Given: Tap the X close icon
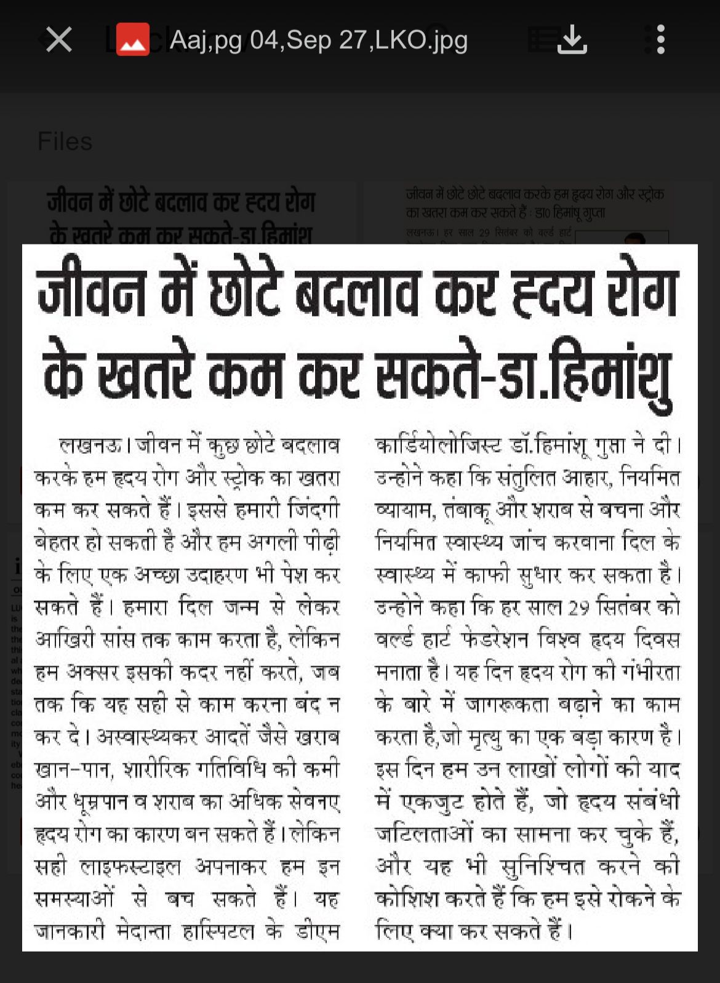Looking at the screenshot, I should point(59,40).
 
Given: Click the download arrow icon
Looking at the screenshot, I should point(572,40).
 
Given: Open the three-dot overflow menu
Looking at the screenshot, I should point(660,40).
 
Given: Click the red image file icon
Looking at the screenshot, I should point(133,40).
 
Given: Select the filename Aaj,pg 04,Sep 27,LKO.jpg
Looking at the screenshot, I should point(318,41).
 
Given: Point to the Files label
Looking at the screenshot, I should point(65,142).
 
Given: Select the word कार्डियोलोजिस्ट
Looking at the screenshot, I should point(438,445).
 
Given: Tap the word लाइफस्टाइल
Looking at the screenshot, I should point(131,867).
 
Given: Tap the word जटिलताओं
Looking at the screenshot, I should point(424,834).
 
